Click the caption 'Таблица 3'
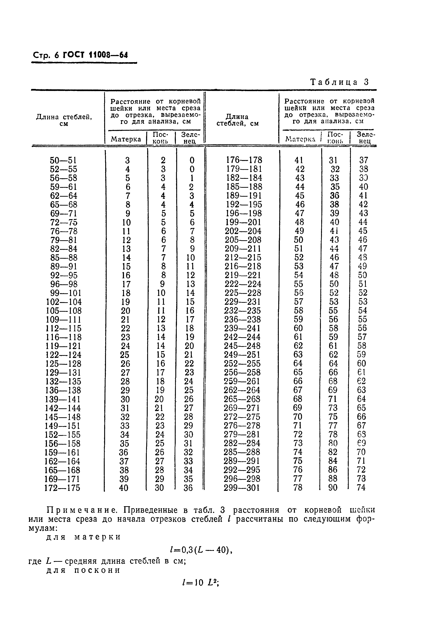(x=339, y=82)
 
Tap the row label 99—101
(x=63, y=293)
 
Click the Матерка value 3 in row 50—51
(x=127, y=160)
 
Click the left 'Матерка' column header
(x=126, y=139)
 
